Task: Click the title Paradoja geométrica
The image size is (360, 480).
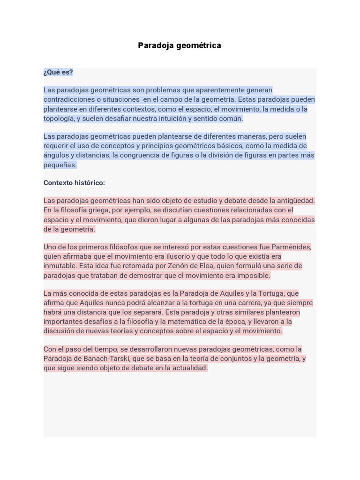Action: [180, 45]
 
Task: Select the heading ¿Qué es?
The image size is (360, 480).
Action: [58, 72]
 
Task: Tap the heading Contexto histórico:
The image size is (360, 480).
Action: [74, 183]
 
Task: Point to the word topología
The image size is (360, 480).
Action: [59, 119]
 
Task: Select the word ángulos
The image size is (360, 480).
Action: [56, 155]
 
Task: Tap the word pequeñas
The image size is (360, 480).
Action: [60, 165]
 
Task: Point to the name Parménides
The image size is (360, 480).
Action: [290, 247]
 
